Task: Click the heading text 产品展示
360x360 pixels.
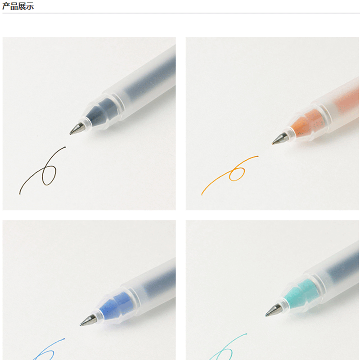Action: tap(18, 6)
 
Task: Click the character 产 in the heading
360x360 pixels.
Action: tap(6, 6)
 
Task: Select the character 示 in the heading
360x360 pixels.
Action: tap(30, 6)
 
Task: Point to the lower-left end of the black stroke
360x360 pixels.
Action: tap(20, 194)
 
